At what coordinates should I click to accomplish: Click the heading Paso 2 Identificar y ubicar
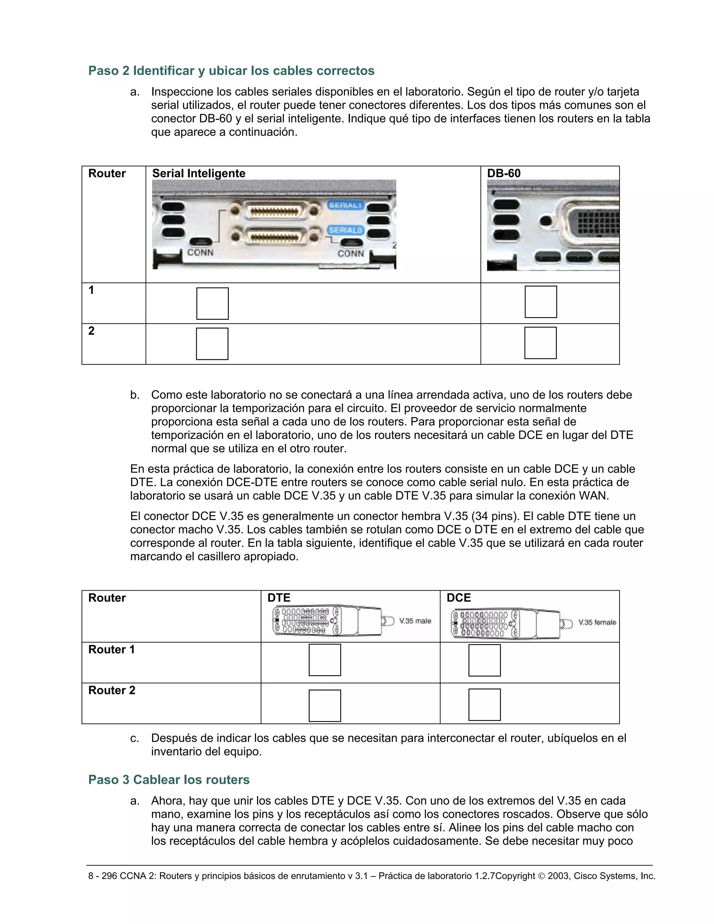tap(231, 71)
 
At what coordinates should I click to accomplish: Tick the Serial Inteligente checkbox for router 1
tap(212, 303)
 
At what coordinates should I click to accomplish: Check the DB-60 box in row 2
tap(540, 343)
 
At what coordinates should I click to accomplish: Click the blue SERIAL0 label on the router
tap(345, 230)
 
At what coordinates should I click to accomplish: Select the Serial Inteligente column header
tap(198, 173)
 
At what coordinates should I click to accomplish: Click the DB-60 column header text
tap(503, 173)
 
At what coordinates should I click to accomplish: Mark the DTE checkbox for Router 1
tap(325, 660)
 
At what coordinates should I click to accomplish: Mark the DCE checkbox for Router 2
tap(484, 704)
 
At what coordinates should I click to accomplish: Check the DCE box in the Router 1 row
tap(484, 660)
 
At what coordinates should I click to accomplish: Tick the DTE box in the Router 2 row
tap(325, 705)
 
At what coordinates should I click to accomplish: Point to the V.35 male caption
tap(415, 621)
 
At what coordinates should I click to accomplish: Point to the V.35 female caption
tap(597, 622)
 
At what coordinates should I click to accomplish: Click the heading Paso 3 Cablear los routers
tap(169, 779)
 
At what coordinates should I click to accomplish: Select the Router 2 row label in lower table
tap(112, 690)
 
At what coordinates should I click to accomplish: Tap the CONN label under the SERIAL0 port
tap(351, 253)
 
